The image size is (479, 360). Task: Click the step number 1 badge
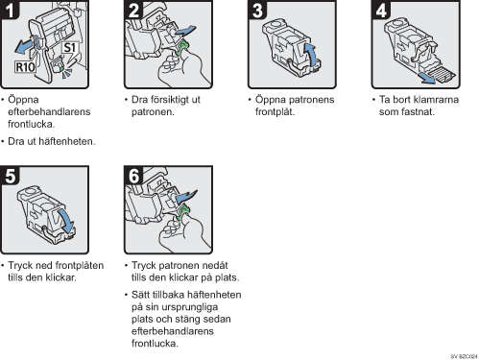[10, 10]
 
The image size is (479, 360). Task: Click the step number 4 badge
[381, 10]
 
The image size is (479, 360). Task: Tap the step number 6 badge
[133, 176]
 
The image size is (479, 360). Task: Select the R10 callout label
[25, 67]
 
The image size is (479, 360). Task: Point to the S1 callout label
[69, 48]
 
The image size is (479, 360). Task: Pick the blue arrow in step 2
[185, 32]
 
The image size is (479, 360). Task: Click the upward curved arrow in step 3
[310, 55]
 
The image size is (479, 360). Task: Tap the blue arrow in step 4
[428, 78]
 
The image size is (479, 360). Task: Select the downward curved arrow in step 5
[66, 221]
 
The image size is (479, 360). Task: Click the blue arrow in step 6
[186, 196]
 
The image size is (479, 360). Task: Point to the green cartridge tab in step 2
[182, 47]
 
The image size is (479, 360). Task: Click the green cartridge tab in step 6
[182, 213]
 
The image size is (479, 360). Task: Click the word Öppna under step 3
[271, 100]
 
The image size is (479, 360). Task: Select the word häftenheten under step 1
[67, 141]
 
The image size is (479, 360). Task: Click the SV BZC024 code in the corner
[464, 356]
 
